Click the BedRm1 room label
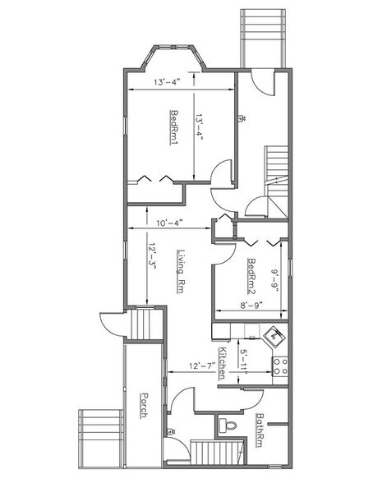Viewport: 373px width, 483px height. coord(175,126)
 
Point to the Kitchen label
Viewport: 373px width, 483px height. coord(223,363)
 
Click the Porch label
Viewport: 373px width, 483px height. coord(143,403)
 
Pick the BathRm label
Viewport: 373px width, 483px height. coord(260,430)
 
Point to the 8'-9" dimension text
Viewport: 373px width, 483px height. coord(251,305)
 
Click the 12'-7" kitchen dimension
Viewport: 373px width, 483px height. coord(200,366)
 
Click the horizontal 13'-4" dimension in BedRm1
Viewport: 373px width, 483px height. coord(168,82)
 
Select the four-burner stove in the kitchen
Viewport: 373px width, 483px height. coord(281,366)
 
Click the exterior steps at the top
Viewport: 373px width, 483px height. coord(262,36)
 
